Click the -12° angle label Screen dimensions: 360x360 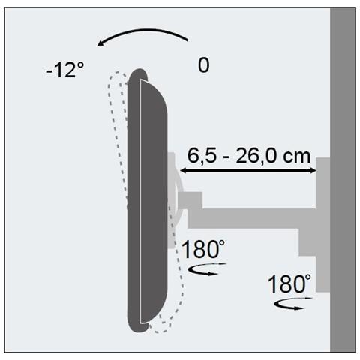pos(64,71)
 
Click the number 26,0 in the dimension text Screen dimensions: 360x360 pos(255,155)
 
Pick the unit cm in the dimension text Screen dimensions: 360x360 pos(295,155)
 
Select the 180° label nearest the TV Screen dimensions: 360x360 pos(201,249)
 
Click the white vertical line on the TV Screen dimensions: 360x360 pos(141,202)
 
